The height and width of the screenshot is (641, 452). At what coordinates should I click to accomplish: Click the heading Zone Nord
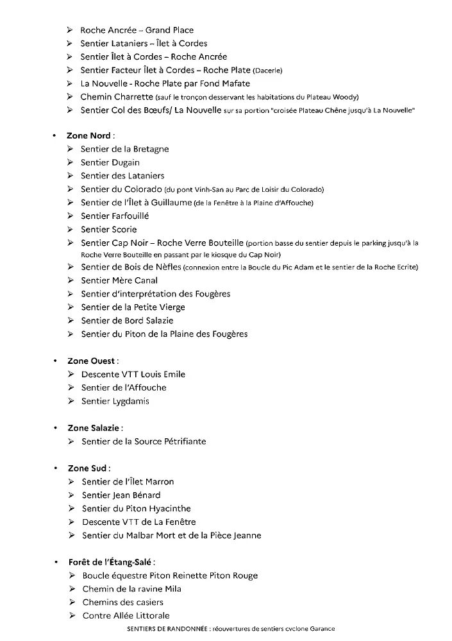[90, 136]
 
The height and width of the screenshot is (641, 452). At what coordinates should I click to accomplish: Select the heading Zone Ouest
[93, 361]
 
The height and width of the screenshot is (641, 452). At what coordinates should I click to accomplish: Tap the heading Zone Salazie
[95, 427]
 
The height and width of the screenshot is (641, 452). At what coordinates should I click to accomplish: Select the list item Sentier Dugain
[110, 162]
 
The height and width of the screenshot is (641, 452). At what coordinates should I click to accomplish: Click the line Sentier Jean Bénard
[121, 495]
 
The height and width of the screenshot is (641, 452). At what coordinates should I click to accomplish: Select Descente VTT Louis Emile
[133, 374]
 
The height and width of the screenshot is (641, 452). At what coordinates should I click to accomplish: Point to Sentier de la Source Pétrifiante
[144, 441]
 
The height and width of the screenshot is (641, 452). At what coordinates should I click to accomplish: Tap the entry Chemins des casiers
[123, 603]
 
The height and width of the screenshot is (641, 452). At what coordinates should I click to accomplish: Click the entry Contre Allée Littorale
[126, 616]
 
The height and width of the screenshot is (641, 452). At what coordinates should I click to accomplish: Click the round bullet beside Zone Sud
[56, 468]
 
